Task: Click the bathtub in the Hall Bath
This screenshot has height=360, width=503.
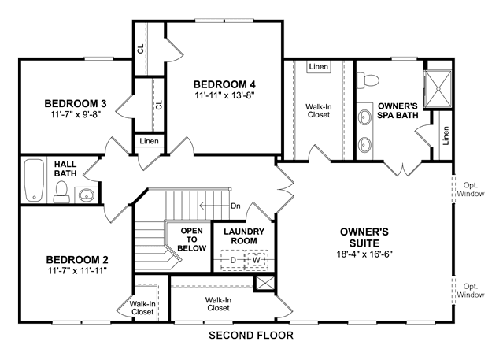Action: [x=34, y=180]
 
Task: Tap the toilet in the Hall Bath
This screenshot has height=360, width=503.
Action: [x=61, y=192]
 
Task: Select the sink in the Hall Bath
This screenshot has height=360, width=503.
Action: [x=87, y=195]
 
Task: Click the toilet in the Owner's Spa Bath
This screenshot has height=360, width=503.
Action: [x=368, y=80]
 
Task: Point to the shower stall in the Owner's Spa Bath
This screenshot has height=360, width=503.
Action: [x=438, y=89]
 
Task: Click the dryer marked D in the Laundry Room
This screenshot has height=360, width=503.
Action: [x=233, y=260]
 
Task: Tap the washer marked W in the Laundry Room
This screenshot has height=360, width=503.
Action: [x=257, y=260]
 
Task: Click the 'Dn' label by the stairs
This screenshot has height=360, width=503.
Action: [x=236, y=206]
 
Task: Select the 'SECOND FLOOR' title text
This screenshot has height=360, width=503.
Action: [x=251, y=336]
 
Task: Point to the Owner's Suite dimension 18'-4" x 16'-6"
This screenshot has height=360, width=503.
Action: [x=364, y=254]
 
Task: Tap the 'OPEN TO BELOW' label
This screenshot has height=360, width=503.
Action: [x=192, y=239]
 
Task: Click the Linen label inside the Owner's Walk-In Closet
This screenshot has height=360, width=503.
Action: [x=319, y=66]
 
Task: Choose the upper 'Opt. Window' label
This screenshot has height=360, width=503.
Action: [x=471, y=190]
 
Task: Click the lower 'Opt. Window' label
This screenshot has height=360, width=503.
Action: [x=471, y=291]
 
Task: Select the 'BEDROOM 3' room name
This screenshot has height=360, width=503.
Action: [x=76, y=104]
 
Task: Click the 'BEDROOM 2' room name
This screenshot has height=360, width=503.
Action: [x=77, y=259]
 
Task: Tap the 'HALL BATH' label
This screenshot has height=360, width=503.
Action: [x=65, y=169]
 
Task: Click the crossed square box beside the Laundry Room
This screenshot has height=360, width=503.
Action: [x=264, y=284]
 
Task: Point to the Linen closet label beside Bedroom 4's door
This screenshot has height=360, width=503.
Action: [x=149, y=141]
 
